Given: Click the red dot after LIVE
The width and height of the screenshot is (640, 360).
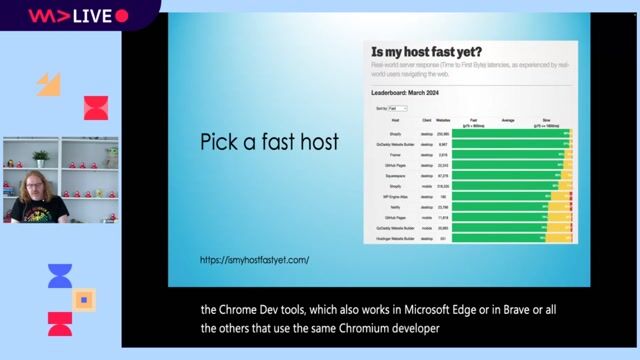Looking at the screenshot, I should [122, 16].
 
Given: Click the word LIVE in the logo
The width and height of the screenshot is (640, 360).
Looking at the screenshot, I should [90, 16].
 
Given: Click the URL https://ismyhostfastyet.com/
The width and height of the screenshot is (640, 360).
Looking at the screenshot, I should [254, 260].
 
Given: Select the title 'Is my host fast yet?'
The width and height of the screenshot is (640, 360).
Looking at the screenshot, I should [427, 53].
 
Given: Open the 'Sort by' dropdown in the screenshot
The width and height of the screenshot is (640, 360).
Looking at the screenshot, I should [397, 108].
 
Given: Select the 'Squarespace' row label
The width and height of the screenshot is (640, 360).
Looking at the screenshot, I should [395, 174].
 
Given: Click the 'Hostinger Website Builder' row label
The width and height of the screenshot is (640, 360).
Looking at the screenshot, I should [395, 238].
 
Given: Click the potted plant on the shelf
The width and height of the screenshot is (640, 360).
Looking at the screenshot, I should [41, 156].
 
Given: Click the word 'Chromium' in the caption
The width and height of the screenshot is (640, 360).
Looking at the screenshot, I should [373, 327].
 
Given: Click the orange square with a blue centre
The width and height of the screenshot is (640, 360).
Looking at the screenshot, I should [85, 298].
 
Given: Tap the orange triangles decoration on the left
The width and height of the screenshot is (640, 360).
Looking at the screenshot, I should [49, 86].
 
